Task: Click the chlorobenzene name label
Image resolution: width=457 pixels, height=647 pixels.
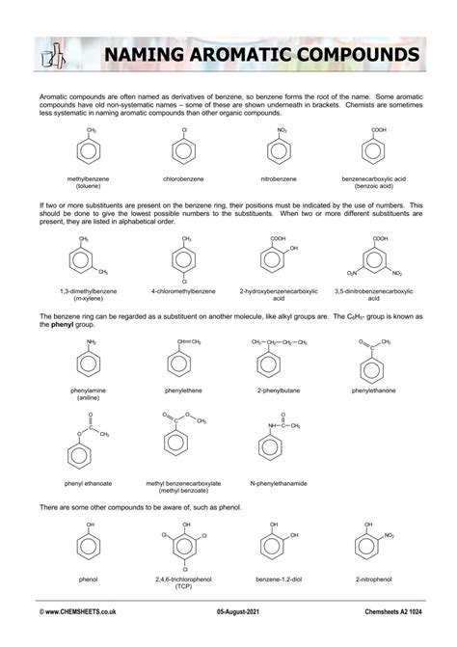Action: (x=183, y=178)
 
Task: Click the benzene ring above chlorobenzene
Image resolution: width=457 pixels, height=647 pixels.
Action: (x=183, y=150)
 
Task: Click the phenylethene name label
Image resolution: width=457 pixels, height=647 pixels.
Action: (x=183, y=391)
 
